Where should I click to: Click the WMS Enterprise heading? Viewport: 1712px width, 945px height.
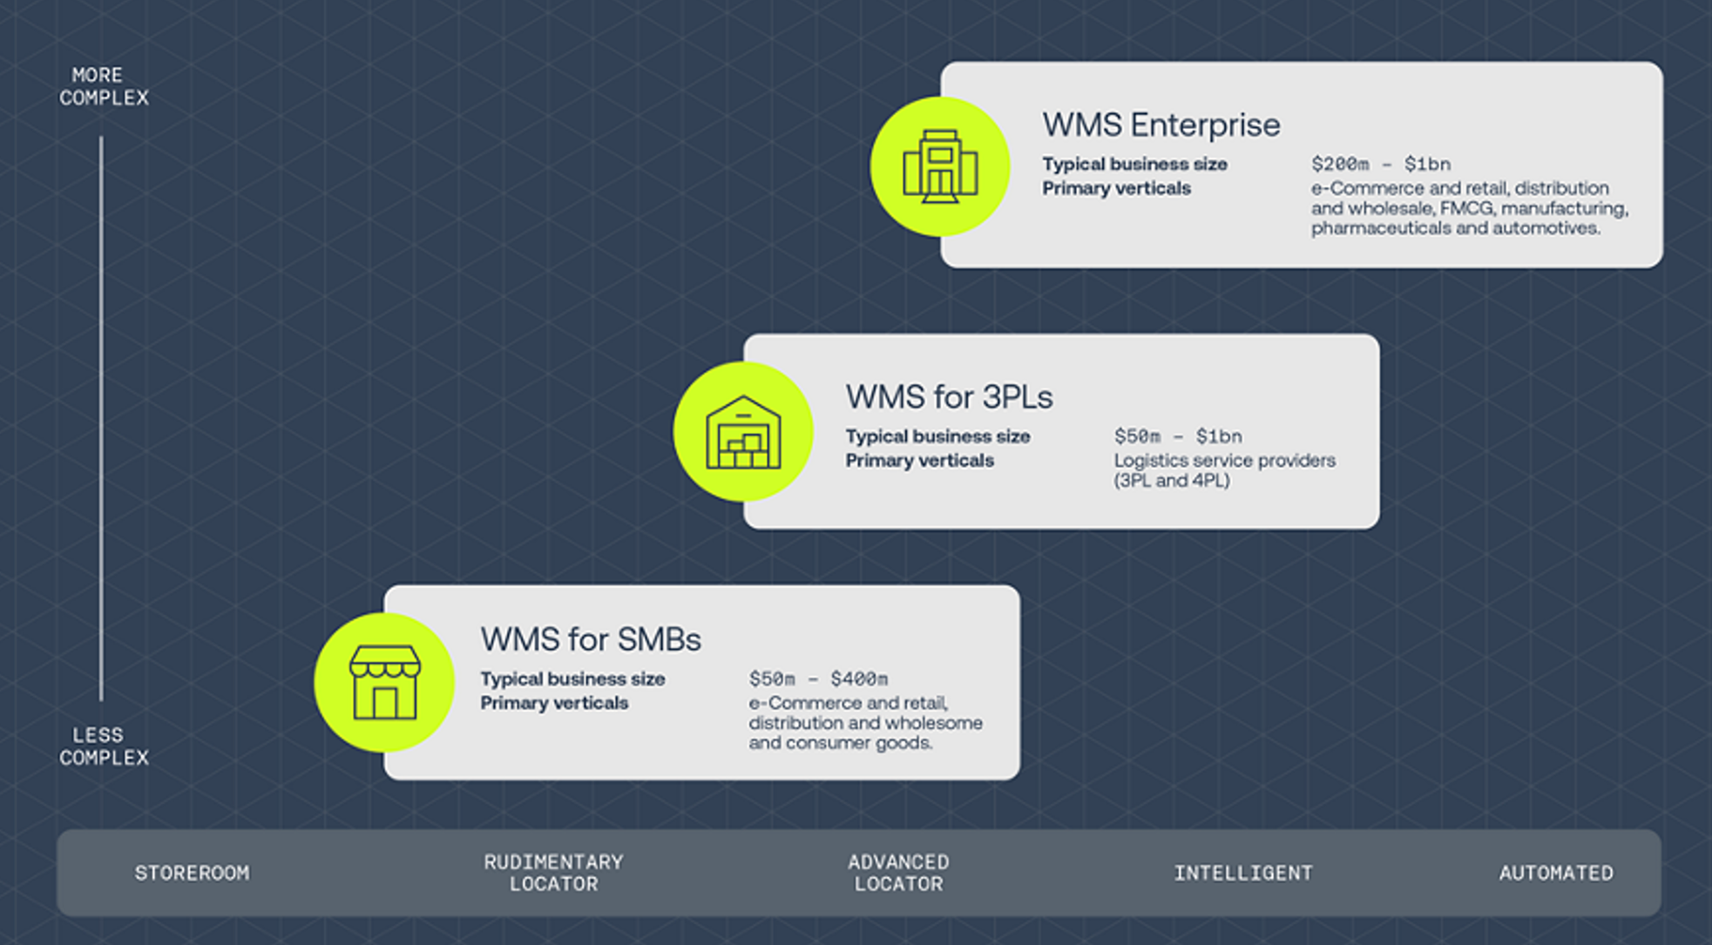1161,125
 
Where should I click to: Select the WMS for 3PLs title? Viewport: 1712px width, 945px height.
949,397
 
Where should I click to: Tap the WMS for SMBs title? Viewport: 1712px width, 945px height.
591,639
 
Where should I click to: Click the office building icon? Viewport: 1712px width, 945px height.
940,166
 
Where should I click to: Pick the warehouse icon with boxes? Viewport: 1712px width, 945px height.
743,432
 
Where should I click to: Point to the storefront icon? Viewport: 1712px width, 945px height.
384,682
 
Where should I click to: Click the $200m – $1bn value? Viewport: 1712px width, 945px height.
1380,164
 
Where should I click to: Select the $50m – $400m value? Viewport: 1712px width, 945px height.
818,678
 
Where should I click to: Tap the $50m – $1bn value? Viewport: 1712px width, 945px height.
1178,436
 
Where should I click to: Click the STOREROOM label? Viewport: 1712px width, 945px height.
192,873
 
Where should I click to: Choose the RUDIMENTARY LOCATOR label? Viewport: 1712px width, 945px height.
553,873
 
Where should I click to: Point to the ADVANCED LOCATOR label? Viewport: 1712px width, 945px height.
898,873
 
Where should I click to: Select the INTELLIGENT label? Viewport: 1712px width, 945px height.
1242,873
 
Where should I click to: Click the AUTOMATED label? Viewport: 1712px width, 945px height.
1555,873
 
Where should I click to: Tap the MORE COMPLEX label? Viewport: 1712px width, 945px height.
103,87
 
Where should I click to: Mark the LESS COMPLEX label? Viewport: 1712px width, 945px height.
103,746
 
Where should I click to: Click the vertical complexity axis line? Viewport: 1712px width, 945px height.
101,418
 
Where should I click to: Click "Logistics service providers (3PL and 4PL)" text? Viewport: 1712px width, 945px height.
1223,470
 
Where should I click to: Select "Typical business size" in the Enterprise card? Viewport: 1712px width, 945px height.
1134,164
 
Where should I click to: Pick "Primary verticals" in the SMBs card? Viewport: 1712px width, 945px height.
554,703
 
